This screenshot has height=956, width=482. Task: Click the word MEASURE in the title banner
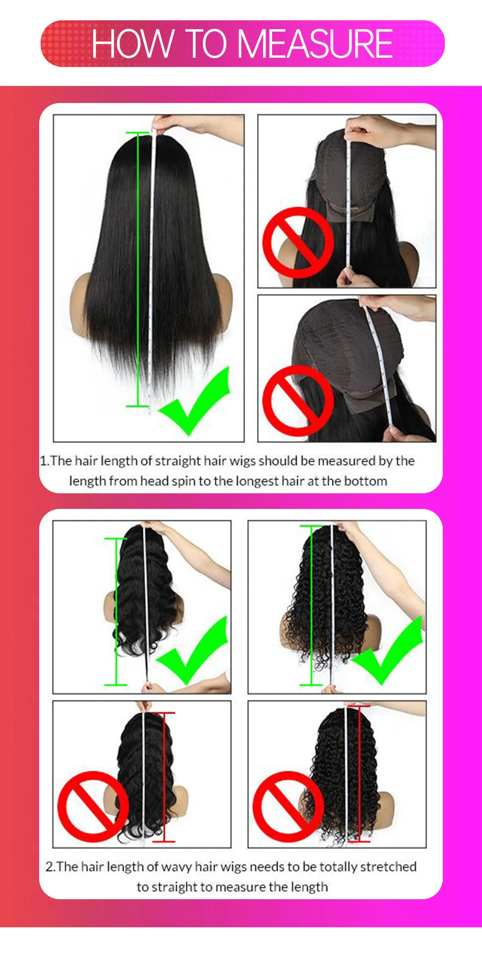[x=315, y=44]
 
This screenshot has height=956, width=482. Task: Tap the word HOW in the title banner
[x=133, y=44]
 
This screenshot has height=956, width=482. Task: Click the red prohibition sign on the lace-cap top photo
[x=298, y=243]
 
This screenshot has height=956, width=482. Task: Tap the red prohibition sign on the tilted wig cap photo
[x=298, y=400]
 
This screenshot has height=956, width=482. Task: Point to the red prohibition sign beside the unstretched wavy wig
[x=92, y=806]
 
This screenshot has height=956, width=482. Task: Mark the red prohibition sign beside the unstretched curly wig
[x=288, y=807]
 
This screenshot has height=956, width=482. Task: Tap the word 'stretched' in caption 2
[x=388, y=867]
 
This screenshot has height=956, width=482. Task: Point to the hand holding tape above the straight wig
[x=201, y=126]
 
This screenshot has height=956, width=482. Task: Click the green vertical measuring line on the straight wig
[x=138, y=271]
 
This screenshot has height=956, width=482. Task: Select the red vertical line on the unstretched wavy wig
[x=164, y=776]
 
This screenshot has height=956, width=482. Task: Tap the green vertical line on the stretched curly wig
[x=311, y=605]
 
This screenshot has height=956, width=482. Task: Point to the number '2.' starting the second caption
[x=50, y=867]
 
